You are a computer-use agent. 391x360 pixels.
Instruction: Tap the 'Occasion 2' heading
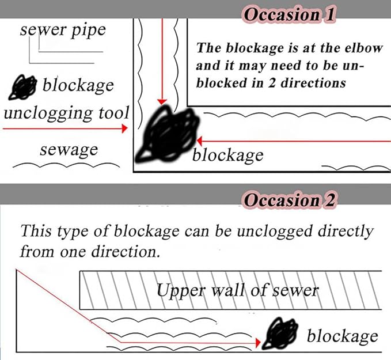coord(290,200)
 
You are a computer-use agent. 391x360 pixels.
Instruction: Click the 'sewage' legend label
coord(69,150)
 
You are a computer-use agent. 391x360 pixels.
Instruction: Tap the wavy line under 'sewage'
coord(63,166)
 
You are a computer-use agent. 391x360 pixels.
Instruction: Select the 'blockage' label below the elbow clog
coord(227,155)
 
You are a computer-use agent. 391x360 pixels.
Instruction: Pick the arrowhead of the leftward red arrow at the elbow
coord(199,140)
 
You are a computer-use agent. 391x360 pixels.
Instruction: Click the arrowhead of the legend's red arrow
coord(124,130)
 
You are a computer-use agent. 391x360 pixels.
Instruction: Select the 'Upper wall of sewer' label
coord(237,289)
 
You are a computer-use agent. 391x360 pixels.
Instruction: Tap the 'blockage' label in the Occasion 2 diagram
coord(342,336)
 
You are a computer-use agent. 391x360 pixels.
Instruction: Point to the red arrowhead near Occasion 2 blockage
coord(258,343)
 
